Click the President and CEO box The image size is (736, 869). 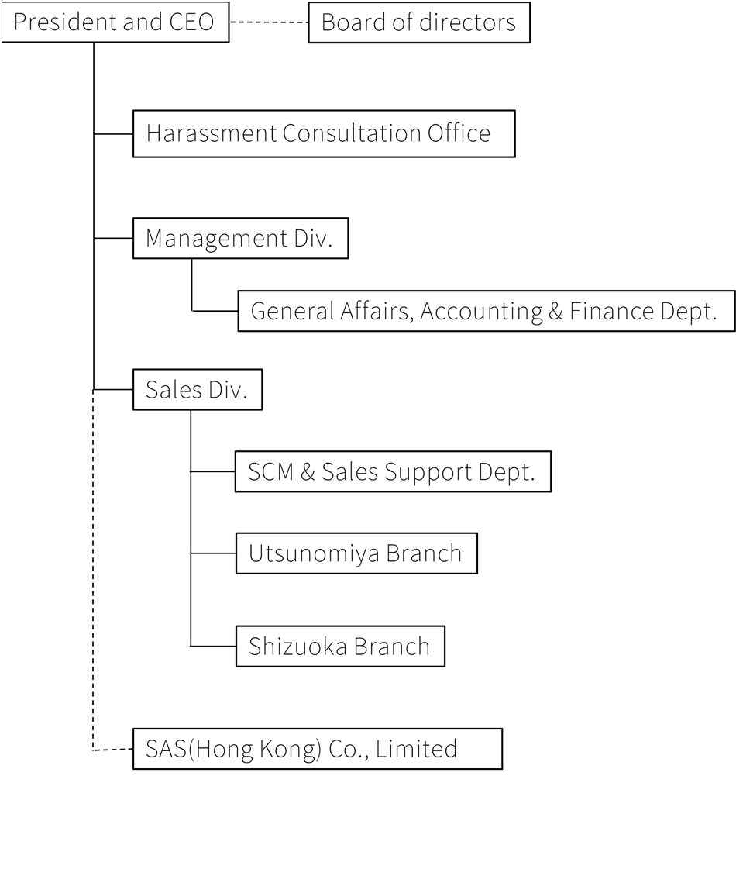(x=115, y=22)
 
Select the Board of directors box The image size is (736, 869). (x=418, y=22)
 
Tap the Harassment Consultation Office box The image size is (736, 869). (x=324, y=133)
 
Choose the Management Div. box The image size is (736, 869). (x=240, y=238)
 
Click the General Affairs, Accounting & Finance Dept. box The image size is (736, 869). (x=487, y=311)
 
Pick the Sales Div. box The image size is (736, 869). (x=197, y=390)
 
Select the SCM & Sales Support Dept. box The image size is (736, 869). (x=394, y=471)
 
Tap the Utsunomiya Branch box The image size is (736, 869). (x=356, y=553)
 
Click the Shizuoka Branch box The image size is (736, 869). (x=340, y=647)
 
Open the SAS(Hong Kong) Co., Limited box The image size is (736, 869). (x=318, y=749)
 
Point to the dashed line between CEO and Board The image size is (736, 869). (x=269, y=22)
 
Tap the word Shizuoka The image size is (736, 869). (x=297, y=647)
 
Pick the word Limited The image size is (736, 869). (x=417, y=749)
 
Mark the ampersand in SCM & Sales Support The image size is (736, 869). (x=308, y=472)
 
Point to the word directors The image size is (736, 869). (x=468, y=22)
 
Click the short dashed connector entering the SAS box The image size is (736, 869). (x=113, y=750)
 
